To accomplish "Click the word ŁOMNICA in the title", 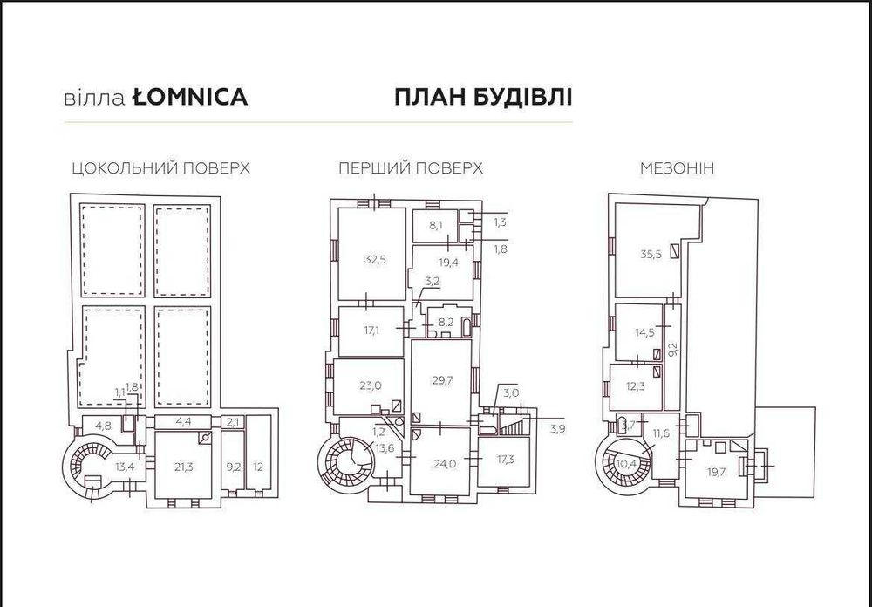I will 190,97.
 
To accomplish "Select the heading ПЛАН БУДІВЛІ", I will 483,96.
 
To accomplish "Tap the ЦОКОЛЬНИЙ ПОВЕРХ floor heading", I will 161,168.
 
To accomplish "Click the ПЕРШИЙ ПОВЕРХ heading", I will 412,168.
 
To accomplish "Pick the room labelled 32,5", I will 375,258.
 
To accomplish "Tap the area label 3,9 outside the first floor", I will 557,427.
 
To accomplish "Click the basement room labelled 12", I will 258,467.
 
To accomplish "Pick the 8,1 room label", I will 435,224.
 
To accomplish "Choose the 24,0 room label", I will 445,464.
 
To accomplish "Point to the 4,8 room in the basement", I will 103,426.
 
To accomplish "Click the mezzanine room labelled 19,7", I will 717,471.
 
